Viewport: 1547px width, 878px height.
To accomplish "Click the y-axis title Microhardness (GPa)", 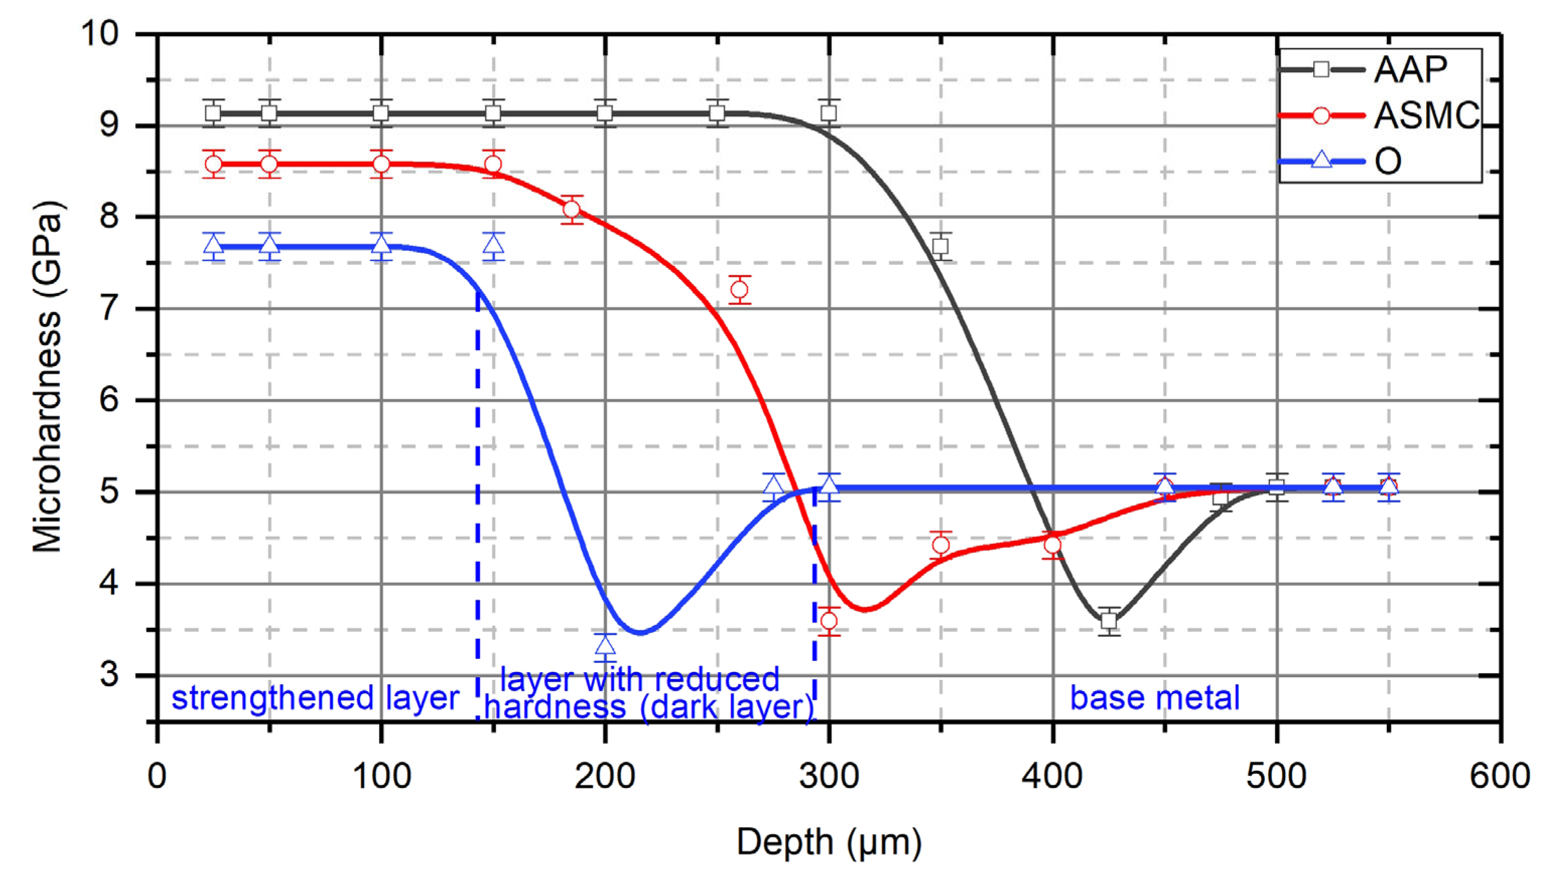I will (47, 377).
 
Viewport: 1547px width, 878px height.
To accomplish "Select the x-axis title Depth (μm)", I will (829, 842).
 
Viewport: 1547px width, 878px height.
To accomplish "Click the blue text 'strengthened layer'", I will (315, 698).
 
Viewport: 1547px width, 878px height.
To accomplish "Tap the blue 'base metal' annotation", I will (1154, 698).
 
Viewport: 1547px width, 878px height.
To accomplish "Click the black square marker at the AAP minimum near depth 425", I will (1108, 621).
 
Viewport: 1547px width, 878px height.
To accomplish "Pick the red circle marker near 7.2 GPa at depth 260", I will (739, 290).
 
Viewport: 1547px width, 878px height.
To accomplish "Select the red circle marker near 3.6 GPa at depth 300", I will (829, 621).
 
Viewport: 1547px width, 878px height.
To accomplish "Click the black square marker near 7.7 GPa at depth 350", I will (940, 246).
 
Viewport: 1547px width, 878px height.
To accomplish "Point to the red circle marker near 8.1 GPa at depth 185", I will (572, 209).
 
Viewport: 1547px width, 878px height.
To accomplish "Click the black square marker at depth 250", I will (717, 113).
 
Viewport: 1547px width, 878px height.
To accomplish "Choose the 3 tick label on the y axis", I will (109, 674).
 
